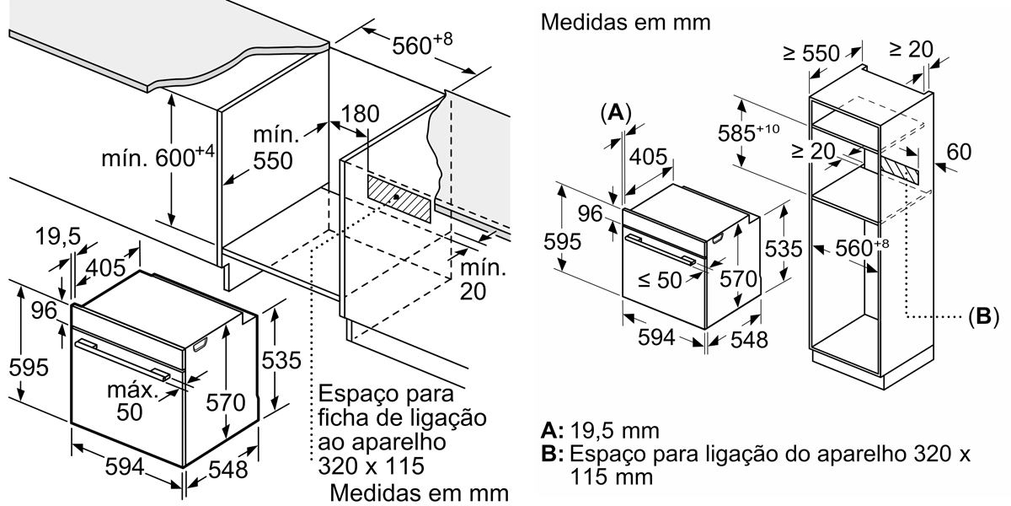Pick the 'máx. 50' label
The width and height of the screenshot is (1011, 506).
click(131, 401)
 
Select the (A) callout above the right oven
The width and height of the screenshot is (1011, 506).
click(616, 113)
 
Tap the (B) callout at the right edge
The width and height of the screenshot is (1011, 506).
click(982, 317)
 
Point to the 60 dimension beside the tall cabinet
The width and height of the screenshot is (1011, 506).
click(958, 152)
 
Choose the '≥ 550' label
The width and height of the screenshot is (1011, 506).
click(810, 53)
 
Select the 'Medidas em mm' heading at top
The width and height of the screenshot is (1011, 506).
click(626, 22)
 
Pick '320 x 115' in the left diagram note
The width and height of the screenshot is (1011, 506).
click(371, 466)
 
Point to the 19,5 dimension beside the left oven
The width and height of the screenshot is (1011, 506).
click(58, 239)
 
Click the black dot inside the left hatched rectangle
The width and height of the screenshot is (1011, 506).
click(396, 197)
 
